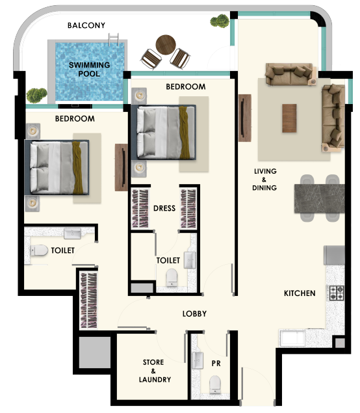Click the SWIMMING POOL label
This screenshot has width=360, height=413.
click(89, 69)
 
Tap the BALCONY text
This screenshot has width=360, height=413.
click(86, 25)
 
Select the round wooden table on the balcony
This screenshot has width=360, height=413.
click(166, 45)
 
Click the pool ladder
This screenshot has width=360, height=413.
click(114, 40)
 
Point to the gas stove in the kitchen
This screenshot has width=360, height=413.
click(337, 293)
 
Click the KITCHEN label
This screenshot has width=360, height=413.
click(300, 293)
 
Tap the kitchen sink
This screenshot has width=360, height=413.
click(292, 338)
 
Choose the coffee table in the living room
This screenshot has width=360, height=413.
click(289, 118)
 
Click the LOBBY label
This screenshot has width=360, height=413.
click(194, 313)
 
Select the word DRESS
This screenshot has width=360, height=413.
click(164, 208)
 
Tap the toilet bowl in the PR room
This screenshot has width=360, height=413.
click(215, 384)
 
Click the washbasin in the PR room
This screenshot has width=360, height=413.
click(198, 360)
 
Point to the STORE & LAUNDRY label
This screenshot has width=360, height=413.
click(155, 371)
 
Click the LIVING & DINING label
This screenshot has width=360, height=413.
click(264, 180)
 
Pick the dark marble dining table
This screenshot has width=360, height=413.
click(320, 198)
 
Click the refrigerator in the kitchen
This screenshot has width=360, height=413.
click(334, 255)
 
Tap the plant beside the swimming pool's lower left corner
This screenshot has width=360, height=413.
click(36, 95)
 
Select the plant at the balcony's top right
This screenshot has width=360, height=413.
click(220, 21)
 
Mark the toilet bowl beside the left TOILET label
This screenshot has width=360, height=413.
click(39, 250)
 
